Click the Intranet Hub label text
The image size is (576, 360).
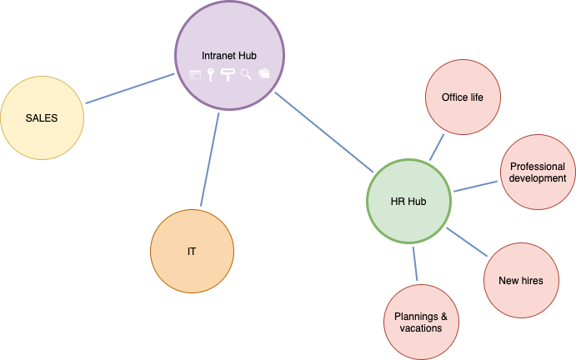(228, 55)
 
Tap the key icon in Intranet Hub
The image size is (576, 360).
(211, 75)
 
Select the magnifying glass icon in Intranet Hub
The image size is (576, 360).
(246, 74)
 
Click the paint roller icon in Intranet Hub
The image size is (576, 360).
(228, 75)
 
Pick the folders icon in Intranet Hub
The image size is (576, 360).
(264, 73)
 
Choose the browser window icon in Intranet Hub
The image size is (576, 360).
(195, 74)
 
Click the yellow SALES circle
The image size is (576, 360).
(42, 117)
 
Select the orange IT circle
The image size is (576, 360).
(192, 251)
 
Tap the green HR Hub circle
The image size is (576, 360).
(408, 201)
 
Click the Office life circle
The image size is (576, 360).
(463, 97)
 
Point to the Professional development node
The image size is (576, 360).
(538, 172)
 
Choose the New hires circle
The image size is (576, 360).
(520, 280)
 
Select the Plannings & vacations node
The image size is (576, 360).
(421, 322)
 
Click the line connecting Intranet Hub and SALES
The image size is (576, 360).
(130, 89)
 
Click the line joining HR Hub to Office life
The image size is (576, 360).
(438, 147)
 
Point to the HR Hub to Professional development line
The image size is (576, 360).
(475, 185)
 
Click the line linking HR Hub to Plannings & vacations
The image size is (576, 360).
(414, 262)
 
